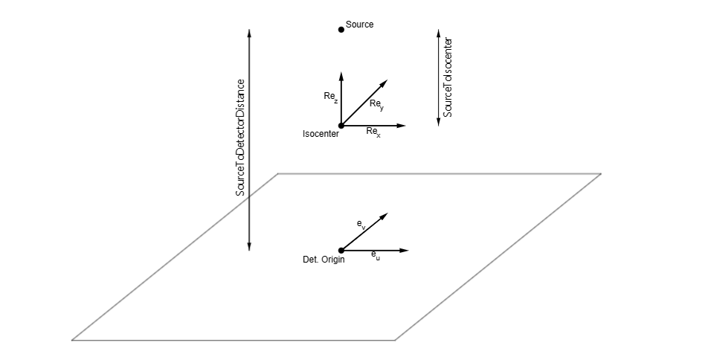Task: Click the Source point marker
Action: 341,30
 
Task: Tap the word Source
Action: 360,25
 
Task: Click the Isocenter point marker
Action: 341,126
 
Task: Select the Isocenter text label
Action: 321,135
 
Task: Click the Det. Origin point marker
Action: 341,251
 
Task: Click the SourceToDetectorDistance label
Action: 240,138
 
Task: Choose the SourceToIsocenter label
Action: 448,78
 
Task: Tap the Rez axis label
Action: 331,97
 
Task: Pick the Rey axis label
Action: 376,105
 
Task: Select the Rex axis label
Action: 373,132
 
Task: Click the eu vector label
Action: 376,255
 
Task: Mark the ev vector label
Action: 361,224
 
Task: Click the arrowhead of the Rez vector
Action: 341,75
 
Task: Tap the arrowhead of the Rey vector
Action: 387,82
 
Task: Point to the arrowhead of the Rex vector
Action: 402,126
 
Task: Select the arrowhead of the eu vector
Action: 405,251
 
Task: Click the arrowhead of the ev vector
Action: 385,215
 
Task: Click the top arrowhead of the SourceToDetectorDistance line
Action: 249,33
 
